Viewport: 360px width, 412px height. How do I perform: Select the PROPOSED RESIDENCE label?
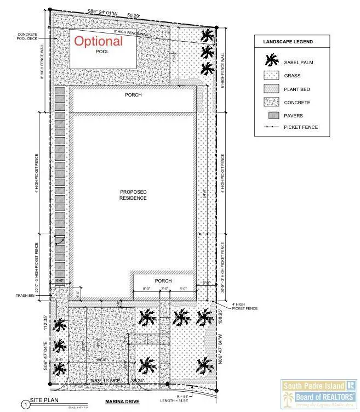133,195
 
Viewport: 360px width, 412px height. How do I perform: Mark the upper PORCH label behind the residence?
133,95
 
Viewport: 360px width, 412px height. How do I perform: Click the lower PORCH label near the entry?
163,281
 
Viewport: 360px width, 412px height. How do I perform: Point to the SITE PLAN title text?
44,401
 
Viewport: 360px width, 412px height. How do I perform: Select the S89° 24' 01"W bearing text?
107,11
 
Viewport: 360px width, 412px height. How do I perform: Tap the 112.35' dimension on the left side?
46,324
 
